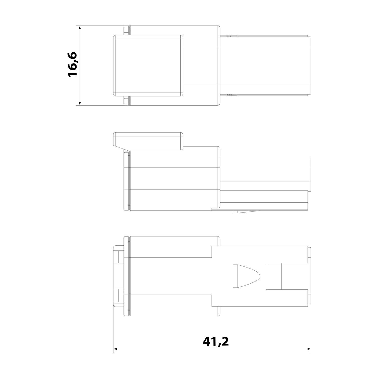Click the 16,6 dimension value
coord(72,64)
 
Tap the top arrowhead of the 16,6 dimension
coord(80,27)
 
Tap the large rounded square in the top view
coord(148,65)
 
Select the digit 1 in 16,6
coord(72,73)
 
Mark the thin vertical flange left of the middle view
coord(127,181)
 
